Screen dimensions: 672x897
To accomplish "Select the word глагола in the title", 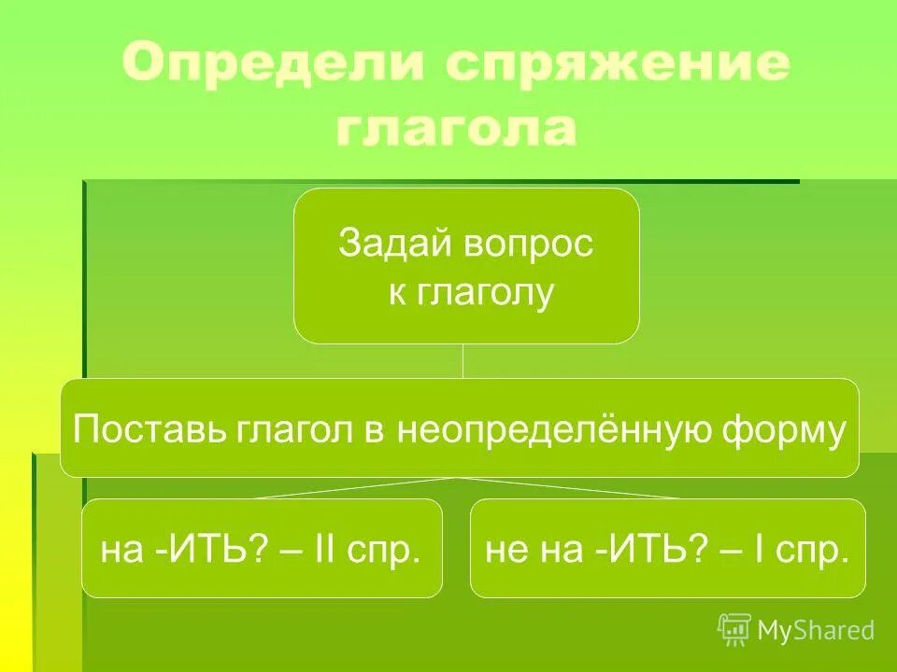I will pyautogui.click(x=456, y=129).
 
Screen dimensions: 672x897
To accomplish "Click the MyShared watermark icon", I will pyautogui.click(x=734, y=630).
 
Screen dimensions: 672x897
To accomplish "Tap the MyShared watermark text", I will pyautogui.click(x=817, y=631).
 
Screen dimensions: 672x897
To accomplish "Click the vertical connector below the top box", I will pyautogui.click(x=463, y=360).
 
